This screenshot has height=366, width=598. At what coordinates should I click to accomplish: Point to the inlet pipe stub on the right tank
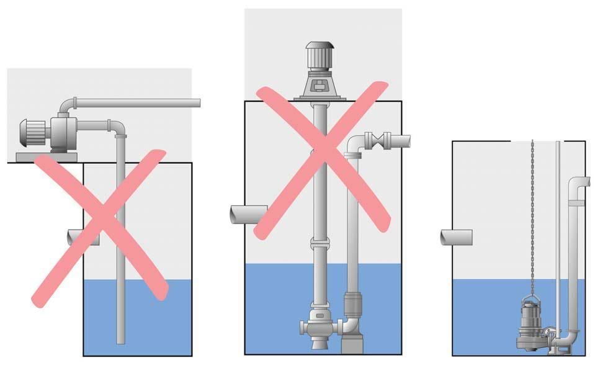pyautogui.click(x=456, y=237)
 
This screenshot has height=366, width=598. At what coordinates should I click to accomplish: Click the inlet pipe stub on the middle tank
pyautogui.click(x=247, y=215)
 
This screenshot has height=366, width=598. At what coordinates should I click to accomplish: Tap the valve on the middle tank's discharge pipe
pyautogui.click(x=378, y=140)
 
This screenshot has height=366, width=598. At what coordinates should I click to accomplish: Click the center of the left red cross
pyautogui.click(x=100, y=227)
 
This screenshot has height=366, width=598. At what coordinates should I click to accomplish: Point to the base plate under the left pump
pyautogui.click(x=43, y=157)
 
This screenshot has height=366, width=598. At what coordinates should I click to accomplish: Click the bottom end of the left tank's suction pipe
pyautogui.click(x=121, y=340)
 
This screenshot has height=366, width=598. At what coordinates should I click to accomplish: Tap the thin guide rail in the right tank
pyautogui.click(x=558, y=236)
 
